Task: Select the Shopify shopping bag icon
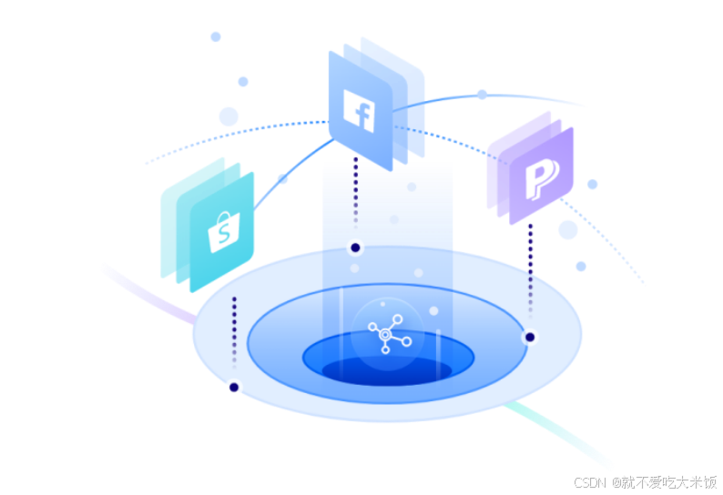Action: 220,232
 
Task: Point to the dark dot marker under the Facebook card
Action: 355,247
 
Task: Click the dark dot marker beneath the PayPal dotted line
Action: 529,337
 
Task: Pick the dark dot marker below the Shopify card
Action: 234,388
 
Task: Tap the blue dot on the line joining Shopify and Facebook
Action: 282,179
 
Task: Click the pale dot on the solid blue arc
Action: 482,95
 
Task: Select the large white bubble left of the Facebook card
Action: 229,116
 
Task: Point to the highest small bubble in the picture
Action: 216,36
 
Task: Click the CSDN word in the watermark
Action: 590,481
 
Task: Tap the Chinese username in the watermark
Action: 664,481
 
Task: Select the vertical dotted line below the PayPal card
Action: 530,273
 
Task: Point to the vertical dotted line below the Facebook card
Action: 355,196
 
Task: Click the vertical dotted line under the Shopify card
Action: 234,332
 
